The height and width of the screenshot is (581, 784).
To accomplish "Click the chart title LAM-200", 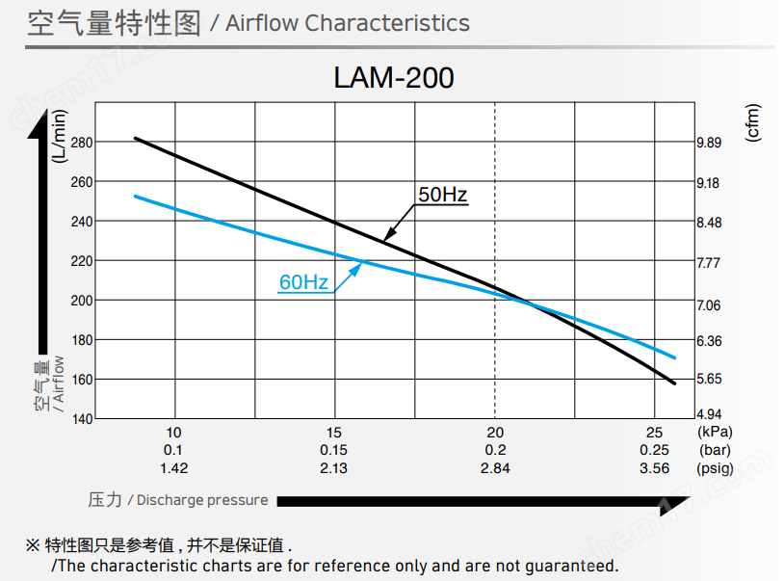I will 393,77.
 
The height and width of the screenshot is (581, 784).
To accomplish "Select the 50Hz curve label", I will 442,196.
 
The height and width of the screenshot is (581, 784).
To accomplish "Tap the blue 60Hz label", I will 303,282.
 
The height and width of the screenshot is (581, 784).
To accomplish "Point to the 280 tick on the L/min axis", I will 82,142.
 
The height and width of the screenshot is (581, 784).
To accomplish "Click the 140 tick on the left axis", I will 82,419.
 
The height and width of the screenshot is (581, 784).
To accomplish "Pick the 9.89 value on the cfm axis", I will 709,143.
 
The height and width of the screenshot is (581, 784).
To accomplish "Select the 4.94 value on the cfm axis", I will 709,415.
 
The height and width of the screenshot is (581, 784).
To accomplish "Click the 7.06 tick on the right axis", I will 709,305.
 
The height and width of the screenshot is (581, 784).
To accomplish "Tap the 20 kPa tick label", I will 495,433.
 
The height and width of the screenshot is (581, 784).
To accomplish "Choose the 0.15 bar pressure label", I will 334,450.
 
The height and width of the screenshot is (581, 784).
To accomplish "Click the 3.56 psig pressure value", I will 655,468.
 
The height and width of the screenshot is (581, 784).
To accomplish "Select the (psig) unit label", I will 715,468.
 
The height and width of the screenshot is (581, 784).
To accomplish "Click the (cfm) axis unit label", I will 753,122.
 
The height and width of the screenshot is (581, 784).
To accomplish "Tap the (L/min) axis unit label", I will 60,136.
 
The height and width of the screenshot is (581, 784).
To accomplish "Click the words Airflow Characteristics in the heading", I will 348,23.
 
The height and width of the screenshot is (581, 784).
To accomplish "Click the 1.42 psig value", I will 174,468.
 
